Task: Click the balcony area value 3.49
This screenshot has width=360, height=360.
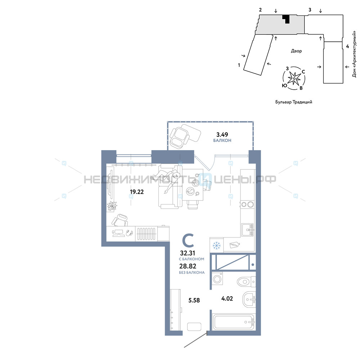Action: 222,135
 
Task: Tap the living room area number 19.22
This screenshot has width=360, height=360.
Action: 137,192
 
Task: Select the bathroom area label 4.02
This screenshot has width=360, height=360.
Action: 227,298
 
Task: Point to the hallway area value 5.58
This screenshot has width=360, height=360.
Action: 194,300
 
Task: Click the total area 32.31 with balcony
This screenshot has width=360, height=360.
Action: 188,253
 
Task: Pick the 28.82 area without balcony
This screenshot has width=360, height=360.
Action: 188,266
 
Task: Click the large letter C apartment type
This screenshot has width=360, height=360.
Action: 188,240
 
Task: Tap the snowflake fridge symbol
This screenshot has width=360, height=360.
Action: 216,246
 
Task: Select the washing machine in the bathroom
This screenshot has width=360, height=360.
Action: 217,279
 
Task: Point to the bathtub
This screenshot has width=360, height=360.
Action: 234,322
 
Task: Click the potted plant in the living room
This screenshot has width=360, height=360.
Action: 112,206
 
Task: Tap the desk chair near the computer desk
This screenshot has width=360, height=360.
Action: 120,220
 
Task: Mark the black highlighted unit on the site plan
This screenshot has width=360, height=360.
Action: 286,18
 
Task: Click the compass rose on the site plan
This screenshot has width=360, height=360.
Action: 294,78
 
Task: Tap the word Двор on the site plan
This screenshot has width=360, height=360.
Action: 296,51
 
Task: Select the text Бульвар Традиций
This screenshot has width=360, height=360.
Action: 294,102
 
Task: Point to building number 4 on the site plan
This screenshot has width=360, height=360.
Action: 347,46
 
